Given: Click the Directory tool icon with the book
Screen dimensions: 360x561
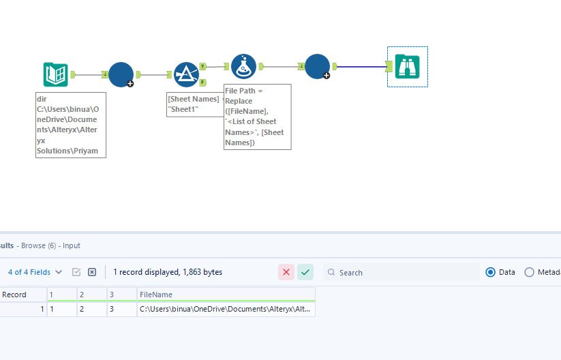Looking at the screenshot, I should pyautogui.click(x=55, y=74).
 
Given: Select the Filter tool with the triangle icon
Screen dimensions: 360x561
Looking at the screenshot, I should pyautogui.click(x=185, y=74).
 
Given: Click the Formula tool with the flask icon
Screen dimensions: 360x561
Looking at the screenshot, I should pyautogui.click(x=243, y=67).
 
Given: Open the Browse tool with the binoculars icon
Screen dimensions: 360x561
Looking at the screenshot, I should pyautogui.click(x=408, y=66).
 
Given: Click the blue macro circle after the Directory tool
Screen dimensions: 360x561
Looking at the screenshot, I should pyautogui.click(x=121, y=74).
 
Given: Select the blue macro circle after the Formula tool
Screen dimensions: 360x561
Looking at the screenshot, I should pyautogui.click(x=317, y=67).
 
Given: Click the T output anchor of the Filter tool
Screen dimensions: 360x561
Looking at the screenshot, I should pyautogui.click(x=203, y=67).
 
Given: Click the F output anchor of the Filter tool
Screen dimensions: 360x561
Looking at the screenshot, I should pyautogui.click(x=202, y=82).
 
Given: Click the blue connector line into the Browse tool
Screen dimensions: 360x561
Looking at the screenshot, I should pyautogui.click(x=361, y=67).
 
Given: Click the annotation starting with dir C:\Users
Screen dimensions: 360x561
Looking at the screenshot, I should pyautogui.click(x=70, y=125).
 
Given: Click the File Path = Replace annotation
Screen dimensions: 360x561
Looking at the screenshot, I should pyautogui.click(x=257, y=117).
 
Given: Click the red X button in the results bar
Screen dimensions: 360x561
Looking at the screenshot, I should pyautogui.click(x=286, y=272).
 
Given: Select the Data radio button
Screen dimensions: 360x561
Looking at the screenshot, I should pyautogui.click(x=491, y=272).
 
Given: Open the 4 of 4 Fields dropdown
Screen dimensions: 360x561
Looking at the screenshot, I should pyautogui.click(x=35, y=272).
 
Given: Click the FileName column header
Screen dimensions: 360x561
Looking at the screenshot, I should pyautogui.click(x=225, y=295).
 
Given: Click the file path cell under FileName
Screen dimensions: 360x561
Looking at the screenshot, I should pyautogui.click(x=225, y=309).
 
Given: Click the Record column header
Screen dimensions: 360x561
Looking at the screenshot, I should pyautogui.click(x=15, y=295).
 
